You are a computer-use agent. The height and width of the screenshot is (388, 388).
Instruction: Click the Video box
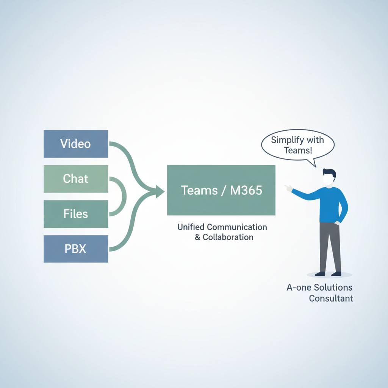tap(76, 144)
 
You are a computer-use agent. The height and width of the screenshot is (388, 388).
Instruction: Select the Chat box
tap(76, 178)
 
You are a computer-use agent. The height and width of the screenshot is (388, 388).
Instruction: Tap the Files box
tap(76, 214)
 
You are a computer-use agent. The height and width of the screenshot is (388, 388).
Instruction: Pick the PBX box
tap(76, 249)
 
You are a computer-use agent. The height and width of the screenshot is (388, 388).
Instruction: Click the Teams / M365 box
tap(221, 190)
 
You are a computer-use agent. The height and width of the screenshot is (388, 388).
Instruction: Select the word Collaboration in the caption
tap(228, 238)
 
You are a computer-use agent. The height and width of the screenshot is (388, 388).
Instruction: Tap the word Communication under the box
tap(237, 227)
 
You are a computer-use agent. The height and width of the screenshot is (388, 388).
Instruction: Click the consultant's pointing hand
tap(288, 188)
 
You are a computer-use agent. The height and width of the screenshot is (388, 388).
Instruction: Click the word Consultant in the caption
tap(331, 298)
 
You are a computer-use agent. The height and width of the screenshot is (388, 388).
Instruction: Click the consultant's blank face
tap(328, 180)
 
